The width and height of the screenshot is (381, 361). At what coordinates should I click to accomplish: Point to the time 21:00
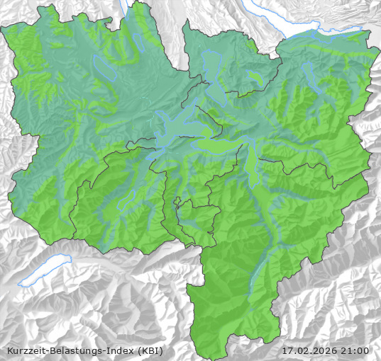point(356,350)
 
